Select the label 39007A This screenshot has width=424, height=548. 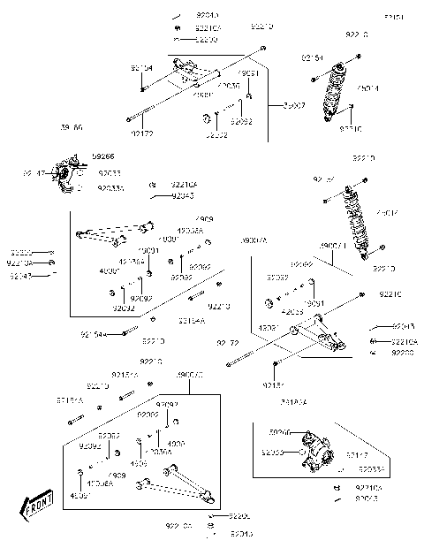(x=254, y=240)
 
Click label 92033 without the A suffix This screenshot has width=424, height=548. (x=110, y=173)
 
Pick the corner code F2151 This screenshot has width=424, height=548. (x=395, y=17)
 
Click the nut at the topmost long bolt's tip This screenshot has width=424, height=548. (x=263, y=47)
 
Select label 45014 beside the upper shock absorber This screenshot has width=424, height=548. (x=368, y=88)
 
